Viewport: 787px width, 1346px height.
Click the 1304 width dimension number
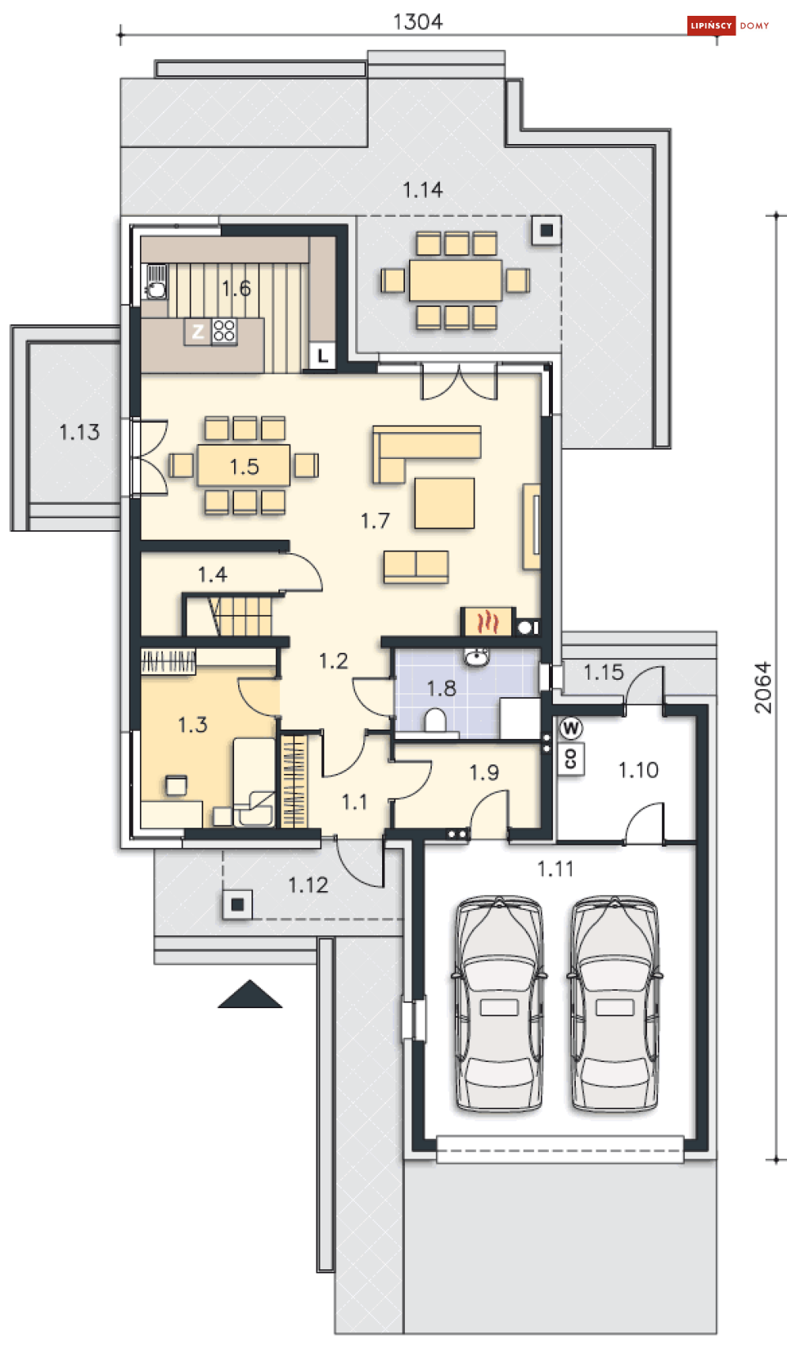coord(418,21)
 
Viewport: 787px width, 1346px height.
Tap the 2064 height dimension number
coord(762,688)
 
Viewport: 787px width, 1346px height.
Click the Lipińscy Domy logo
coord(728,25)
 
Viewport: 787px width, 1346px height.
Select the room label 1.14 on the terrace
coord(422,190)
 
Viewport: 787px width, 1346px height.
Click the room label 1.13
coord(79,432)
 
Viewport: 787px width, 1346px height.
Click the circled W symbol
coord(570,728)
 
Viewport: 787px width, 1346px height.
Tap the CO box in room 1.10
coord(571,759)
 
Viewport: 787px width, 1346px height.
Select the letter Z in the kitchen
coord(198,331)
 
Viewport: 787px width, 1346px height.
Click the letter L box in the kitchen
coord(323,355)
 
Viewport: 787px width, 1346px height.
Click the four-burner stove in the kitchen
coord(224,331)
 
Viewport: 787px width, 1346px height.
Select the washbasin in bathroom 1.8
coord(477,658)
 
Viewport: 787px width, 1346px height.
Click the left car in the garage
coord(499,1003)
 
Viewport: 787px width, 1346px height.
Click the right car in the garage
coord(615,1003)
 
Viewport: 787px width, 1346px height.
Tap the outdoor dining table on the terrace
coord(456,280)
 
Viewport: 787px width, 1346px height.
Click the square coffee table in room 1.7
coord(445,503)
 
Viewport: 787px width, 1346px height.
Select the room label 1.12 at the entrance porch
coord(308,885)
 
